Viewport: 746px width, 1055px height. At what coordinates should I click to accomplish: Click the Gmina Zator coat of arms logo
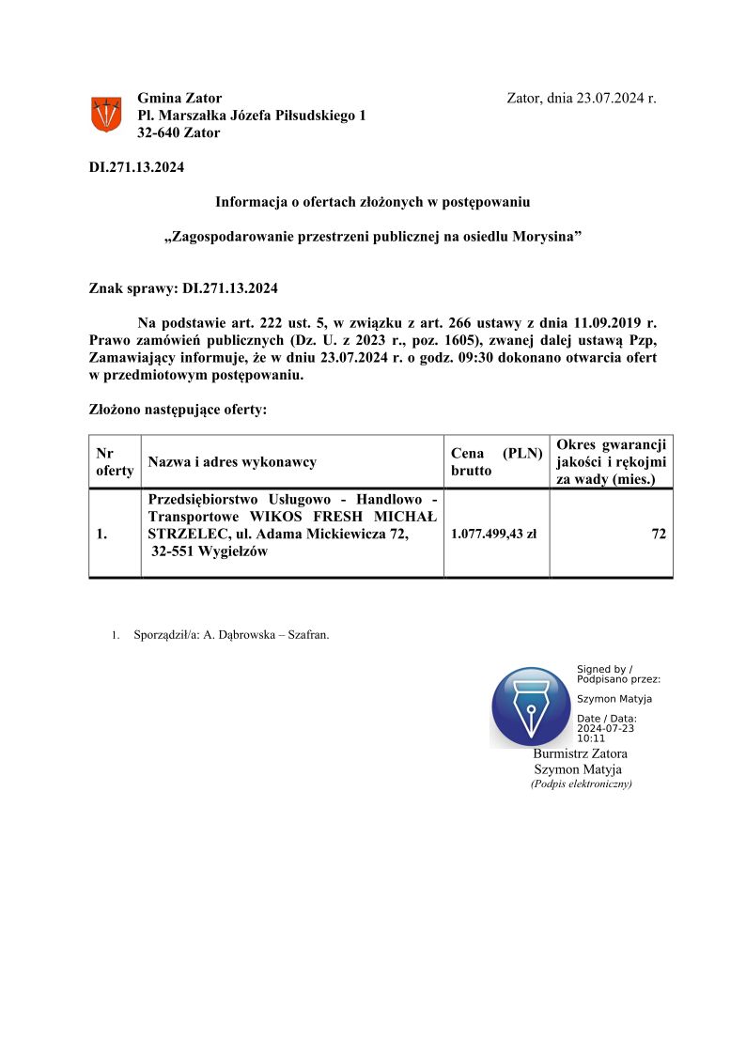pos(105,115)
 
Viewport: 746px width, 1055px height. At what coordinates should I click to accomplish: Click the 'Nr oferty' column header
pos(115,461)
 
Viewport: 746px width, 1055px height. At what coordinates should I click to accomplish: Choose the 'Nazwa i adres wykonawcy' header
pos(232,462)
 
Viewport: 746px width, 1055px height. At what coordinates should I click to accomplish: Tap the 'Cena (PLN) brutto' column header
pos(496,461)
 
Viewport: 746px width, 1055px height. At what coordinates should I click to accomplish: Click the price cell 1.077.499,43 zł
pos(493,535)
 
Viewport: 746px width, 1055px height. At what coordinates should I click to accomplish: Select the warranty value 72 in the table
pos(659,535)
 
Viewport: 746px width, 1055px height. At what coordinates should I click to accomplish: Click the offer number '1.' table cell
pos(101,535)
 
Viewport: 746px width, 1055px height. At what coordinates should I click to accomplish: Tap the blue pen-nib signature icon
pos(531,707)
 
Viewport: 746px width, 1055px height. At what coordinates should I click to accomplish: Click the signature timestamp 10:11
pos(591,738)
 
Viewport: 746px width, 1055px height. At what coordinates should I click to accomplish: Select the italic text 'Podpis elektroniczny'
pos(581,783)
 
